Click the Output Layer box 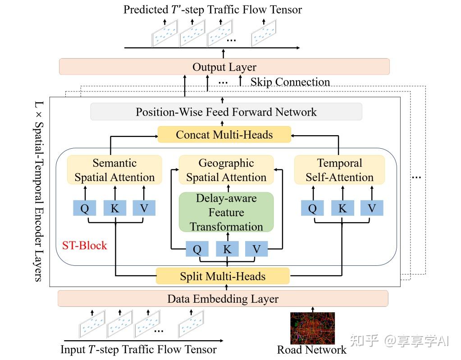224,67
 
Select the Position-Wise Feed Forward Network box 226,112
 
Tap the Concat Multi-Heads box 224,134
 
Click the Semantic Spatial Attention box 114,170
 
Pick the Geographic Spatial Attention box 226,170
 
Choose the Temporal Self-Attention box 339,170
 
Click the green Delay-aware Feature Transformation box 226,212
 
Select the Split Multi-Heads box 223,276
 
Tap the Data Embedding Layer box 223,299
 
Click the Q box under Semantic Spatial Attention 84,208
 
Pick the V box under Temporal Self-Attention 371,208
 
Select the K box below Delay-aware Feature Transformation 227,249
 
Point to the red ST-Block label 84,246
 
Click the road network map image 312,328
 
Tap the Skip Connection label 290,82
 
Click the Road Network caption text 311,350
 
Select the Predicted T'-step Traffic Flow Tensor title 213,9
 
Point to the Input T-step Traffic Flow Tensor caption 138,350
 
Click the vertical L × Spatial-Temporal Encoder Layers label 38,191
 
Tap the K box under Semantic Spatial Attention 114,208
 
